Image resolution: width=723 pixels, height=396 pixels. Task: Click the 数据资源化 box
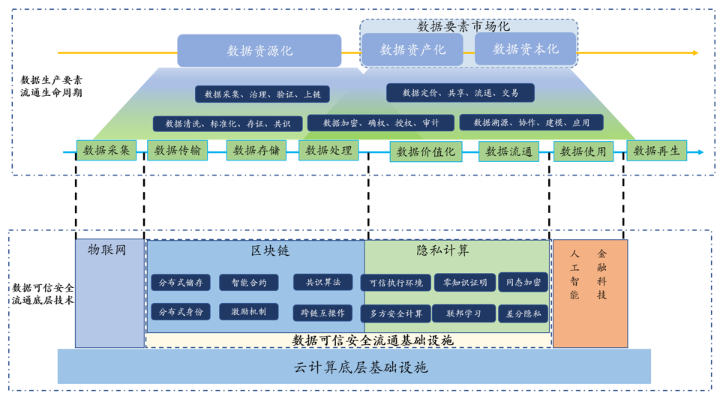pyautogui.click(x=259, y=51)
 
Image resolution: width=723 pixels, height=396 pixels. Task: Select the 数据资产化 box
pyautogui.click(x=412, y=49)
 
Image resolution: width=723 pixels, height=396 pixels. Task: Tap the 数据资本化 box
pyautogui.click(x=526, y=49)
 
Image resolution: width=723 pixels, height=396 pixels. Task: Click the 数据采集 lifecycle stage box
pyautogui.click(x=106, y=150)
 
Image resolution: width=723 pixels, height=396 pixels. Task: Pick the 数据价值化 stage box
pyautogui.click(x=425, y=151)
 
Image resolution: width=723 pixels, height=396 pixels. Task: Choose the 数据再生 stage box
pyautogui.click(x=656, y=151)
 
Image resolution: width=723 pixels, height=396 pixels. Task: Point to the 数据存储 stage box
pyautogui.click(x=256, y=150)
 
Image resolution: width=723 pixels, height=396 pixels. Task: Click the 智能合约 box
pyautogui.click(x=248, y=283)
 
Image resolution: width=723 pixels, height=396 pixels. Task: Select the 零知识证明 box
pyautogui.click(x=465, y=283)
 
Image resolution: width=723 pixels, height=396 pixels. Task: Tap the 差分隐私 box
pyautogui.click(x=523, y=313)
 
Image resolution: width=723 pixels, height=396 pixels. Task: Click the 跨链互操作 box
pyautogui.click(x=322, y=313)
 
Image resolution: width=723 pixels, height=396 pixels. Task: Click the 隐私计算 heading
pyautogui.click(x=442, y=250)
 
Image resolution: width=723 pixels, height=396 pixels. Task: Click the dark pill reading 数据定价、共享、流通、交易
pyautogui.click(x=460, y=93)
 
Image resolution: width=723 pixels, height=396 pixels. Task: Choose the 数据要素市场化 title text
pyautogui.click(x=463, y=26)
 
